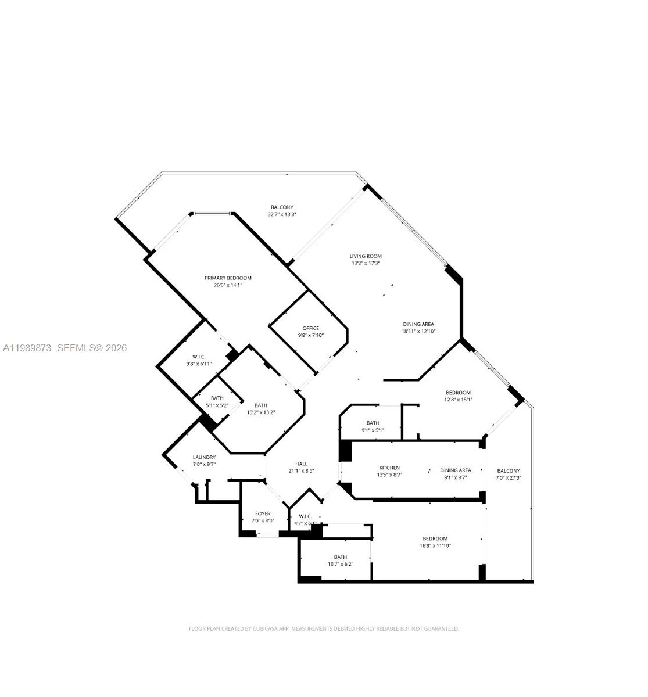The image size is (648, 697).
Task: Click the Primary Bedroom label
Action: point(228,278)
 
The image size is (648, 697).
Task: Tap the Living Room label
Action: point(366,256)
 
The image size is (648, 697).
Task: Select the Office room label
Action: point(311,328)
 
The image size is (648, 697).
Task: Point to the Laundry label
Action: point(204,458)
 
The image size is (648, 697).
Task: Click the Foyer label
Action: point(263,514)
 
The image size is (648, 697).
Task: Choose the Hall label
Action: point(301,464)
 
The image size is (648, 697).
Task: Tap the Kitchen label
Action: point(389,468)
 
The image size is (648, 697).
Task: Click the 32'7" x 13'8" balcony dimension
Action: point(282,214)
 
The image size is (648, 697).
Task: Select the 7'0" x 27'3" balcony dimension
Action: point(509,478)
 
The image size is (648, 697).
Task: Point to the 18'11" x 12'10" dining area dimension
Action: point(418,331)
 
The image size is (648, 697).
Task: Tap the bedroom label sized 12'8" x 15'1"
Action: point(458,393)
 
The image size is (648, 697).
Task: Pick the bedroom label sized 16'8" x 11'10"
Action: point(435,538)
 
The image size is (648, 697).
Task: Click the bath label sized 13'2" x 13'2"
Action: point(260,405)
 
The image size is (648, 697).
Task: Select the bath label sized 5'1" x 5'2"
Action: point(217,398)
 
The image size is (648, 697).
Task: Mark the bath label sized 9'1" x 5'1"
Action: point(373,423)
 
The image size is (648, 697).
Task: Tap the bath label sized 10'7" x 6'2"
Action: point(340,557)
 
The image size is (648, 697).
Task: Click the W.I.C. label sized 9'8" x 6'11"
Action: point(195,357)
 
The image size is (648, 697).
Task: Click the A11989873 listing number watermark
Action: point(27,348)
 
